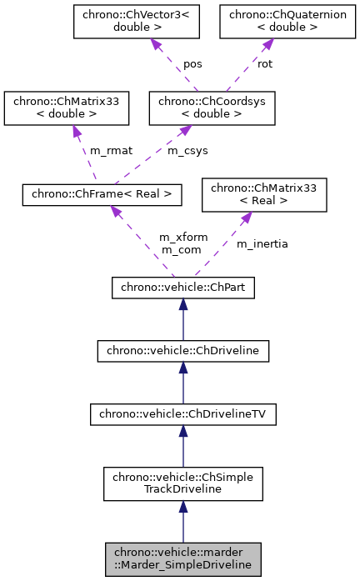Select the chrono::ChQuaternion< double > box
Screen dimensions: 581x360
(271, 23)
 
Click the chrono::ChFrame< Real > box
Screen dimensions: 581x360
(102, 194)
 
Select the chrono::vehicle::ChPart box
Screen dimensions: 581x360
(182, 288)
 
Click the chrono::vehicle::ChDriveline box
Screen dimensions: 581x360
(182, 351)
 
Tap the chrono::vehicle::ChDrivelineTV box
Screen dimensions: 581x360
(182, 413)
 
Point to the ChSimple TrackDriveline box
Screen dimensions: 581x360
(182, 482)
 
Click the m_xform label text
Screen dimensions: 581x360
(183, 238)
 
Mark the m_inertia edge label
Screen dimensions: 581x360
(262, 243)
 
